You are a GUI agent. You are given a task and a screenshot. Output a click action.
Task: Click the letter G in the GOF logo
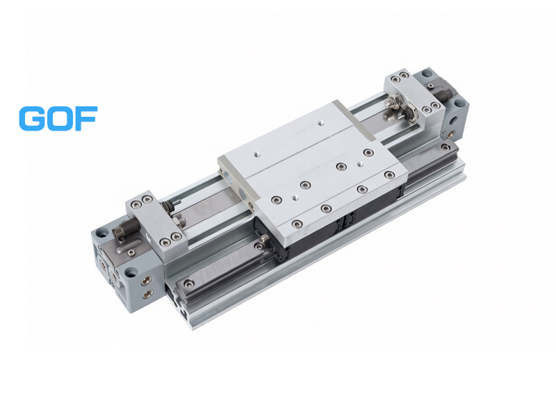[x=32, y=118]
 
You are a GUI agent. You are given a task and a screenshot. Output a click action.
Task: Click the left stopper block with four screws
[x=157, y=220]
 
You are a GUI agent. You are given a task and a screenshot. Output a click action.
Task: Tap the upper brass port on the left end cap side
[x=147, y=281]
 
